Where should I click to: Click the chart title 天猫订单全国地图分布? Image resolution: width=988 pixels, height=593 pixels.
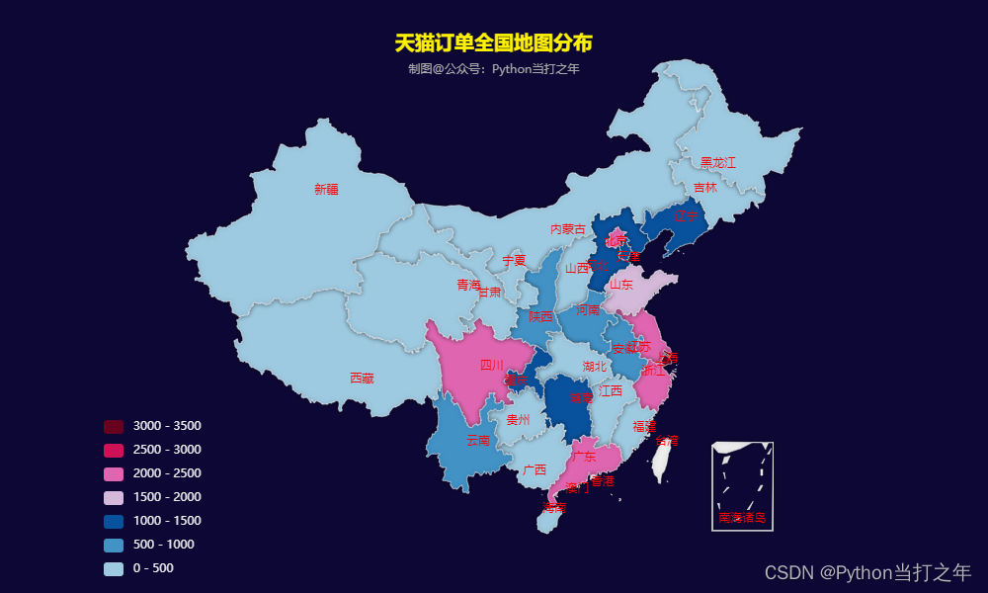pos(493,43)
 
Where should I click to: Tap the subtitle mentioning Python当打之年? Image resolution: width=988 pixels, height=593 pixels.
pos(493,69)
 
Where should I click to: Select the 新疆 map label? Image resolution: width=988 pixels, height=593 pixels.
pos(326,189)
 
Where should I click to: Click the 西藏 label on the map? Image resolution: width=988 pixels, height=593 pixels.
pos(362,379)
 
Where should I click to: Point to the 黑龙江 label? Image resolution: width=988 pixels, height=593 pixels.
pos(718,162)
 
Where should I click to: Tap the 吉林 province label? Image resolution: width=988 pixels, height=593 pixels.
pos(704,187)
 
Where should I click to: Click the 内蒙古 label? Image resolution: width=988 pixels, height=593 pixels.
pos(567,229)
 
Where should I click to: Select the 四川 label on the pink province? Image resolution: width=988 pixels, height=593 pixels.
pos(491,365)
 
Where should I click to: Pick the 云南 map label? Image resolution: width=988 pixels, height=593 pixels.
pos(477,440)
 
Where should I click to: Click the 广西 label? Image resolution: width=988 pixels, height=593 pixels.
pos(535,469)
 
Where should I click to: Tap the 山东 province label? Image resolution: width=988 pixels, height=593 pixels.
pos(620,284)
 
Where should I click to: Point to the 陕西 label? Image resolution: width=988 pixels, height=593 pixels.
pos(540,316)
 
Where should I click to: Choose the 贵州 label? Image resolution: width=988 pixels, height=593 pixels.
pos(518,419)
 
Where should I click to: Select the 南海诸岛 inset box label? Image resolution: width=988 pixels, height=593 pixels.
pos(742,517)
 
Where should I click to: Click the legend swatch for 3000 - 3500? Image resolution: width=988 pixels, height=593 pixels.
pos(114,426)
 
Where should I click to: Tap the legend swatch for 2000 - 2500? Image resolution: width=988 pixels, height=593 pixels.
pos(114,473)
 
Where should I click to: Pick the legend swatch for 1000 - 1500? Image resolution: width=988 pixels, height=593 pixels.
pos(114,521)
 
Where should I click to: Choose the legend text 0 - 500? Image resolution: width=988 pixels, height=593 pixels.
pos(153,568)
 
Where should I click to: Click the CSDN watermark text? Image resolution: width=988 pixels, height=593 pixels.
pos(867,572)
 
